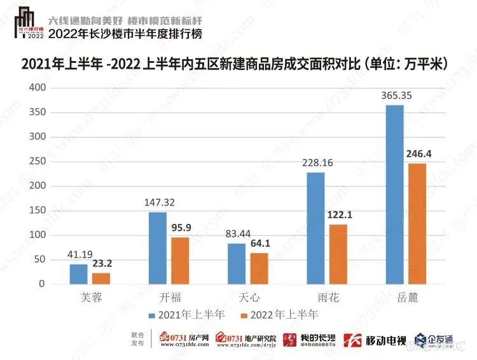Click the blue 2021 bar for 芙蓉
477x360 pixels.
tap(79, 274)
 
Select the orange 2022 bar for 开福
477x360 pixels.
tap(180, 261)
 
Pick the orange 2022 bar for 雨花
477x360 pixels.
tap(338, 254)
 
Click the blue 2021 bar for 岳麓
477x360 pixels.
tap(395, 195)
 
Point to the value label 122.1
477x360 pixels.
tap(339, 215)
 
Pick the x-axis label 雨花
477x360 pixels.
tap(328, 297)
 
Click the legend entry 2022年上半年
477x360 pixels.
tap(280, 314)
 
